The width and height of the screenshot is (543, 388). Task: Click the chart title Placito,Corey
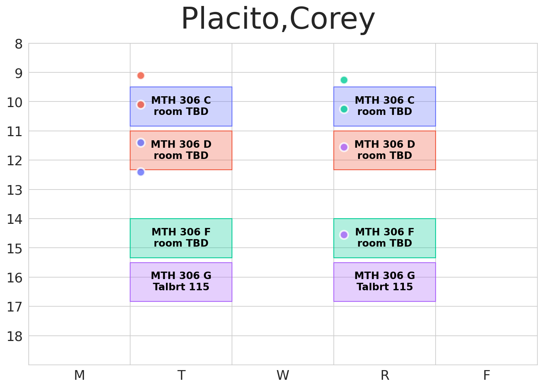pyautogui.click(x=278, y=19)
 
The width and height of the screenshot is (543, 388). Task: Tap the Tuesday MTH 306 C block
pyautogui.click(x=181, y=106)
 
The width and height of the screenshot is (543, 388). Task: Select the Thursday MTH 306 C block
pyautogui.click(x=385, y=106)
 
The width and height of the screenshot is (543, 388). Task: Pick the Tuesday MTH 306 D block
pyautogui.click(x=181, y=150)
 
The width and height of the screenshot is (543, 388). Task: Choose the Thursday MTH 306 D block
pyautogui.click(x=385, y=150)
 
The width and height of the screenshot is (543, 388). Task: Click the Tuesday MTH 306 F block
pyautogui.click(x=181, y=238)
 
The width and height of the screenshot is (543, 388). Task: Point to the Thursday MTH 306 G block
pyautogui.click(x=385, y=282)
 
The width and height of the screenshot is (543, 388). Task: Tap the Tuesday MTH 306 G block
pyautogui.click(x=181, y=282)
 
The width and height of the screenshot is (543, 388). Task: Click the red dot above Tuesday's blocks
pyautogui.click(x=141, y=75)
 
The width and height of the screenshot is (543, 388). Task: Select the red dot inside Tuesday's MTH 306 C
pyautogui.click(x=141, y=104)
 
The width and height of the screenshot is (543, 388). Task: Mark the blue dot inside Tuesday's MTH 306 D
pyautogui.click(x=141, y=143)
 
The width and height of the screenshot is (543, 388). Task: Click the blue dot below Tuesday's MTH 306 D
pyautogui.click(x=141, y=172)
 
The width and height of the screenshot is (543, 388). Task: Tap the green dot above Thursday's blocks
pyautogui.click(x=344, y=80)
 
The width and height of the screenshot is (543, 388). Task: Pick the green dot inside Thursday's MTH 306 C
pyautogui.click(x=344, y=109)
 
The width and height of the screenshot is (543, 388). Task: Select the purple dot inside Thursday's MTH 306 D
pyautogui.click(x=344, y=147)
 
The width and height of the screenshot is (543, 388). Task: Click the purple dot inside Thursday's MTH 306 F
pyautogui.click(x=344, y=235)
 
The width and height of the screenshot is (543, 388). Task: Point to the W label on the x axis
pyautogui.click(x=283, y=375)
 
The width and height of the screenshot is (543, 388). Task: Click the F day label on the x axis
pyautogui.click(x=486, y=375)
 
